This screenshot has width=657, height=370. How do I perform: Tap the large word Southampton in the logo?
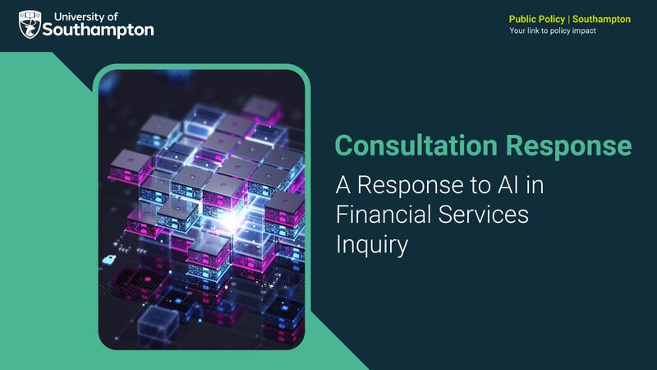tap(103, 30)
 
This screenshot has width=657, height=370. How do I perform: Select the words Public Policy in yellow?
tap(537, 19)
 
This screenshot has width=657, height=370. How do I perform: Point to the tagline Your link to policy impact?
tap(553, 30)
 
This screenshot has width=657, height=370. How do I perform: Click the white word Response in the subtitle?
tap(415, 186)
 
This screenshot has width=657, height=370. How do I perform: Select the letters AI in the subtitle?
tap(507, 186)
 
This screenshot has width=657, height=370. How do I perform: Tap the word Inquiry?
tap(371, 244)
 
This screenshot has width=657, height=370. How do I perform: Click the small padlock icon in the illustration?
tap(108, 259)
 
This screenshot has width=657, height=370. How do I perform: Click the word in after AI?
tap(535, 186)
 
